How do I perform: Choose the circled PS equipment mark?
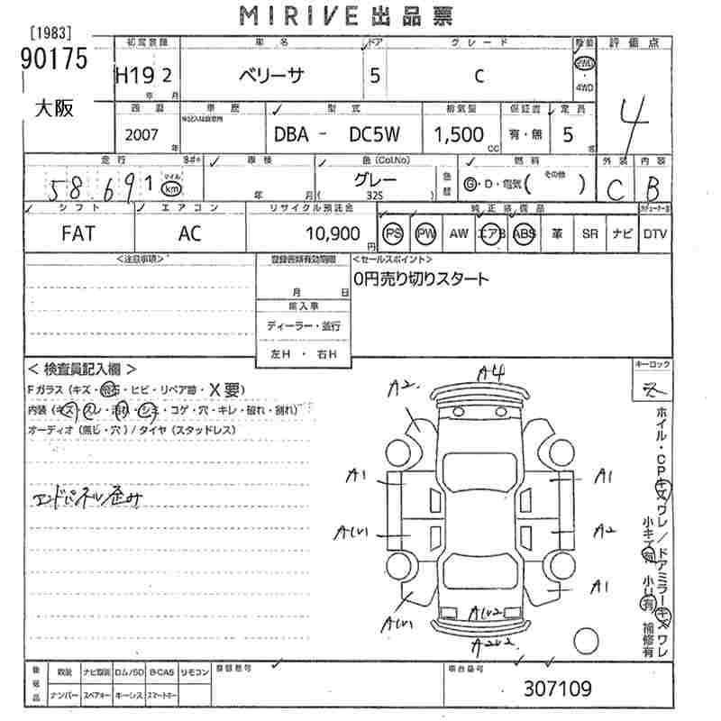point(393,233)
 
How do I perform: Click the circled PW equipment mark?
point(425,233)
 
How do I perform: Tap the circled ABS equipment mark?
point(524,233)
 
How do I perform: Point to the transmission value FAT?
point(79,233)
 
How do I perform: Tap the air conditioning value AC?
point(189,233)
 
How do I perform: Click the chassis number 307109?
point(558,689)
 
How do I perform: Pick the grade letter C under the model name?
point(479,77)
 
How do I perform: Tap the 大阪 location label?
point(53,110)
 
